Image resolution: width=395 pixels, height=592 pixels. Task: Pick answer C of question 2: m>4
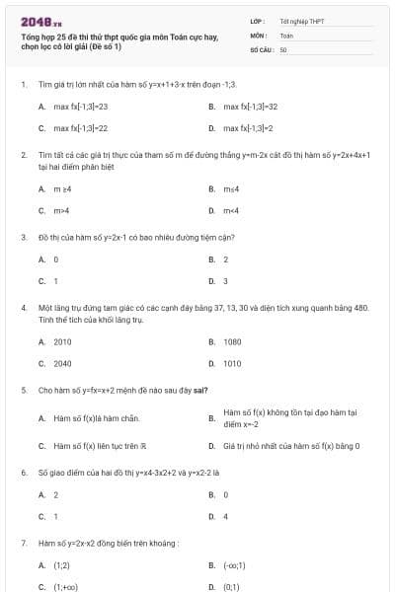(x=61, y=210)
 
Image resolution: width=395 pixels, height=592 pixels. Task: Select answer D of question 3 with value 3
(x=226, y=281)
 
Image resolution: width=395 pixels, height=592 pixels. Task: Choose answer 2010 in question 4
(x=62, y=341)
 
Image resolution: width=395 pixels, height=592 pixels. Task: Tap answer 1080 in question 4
(x=233, y=341)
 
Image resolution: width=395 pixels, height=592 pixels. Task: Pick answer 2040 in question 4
(x=62, y=363)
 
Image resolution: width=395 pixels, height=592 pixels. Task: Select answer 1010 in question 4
(x=233, y=363)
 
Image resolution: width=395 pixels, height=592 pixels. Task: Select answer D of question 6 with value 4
(x=226, y=516)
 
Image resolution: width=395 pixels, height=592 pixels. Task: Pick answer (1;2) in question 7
(x=61, y=565)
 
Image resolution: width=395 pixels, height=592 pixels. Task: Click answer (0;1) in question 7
(x=233, y=587)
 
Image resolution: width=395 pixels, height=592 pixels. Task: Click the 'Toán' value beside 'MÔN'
(x=286, y=35)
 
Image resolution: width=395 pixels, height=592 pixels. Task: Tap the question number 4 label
(x=23, y=308)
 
